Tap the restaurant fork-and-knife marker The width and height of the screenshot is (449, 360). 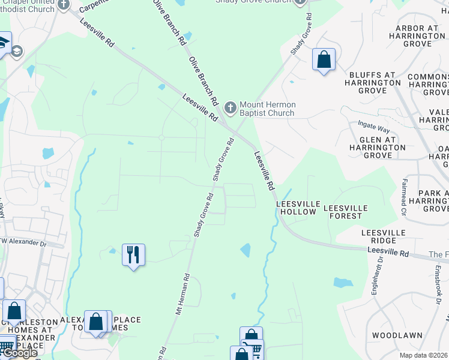tap(133, 254)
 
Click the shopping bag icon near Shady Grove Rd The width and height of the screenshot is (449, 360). tap(324, 59)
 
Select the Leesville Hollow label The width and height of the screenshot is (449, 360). tap(297, 208)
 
